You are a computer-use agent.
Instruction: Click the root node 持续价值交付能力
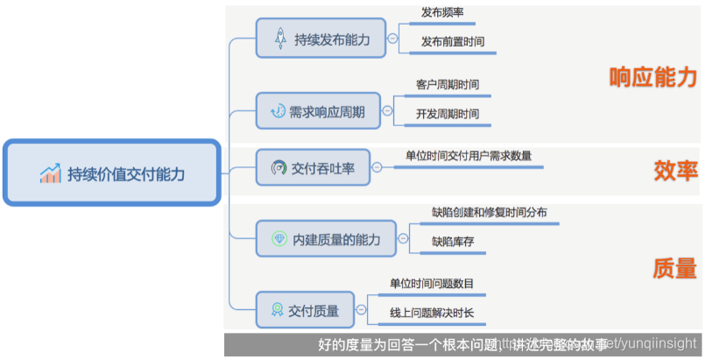112,173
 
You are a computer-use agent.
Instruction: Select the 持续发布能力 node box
321,39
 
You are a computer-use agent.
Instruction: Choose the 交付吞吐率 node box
313,167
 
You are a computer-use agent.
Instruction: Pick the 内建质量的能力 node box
325,238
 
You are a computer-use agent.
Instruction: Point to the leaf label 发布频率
442,13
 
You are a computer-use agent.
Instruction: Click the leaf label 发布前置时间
453,41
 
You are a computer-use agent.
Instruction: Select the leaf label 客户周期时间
448,85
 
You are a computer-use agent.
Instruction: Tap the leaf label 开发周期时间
448,114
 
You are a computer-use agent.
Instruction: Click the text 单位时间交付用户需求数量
469,156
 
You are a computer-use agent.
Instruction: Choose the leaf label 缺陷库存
453,241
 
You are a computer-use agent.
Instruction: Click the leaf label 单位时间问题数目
432,283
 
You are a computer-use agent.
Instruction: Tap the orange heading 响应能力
653,77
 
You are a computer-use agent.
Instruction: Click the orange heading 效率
674,169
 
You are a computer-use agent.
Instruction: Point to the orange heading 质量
674,268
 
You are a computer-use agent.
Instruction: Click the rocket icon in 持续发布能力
281,39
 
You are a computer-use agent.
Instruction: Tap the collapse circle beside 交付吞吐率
377,167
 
